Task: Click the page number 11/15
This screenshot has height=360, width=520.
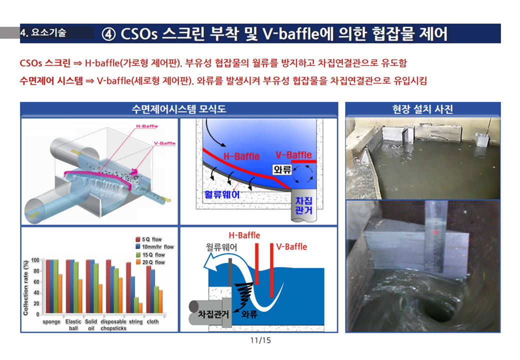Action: click(260, 340)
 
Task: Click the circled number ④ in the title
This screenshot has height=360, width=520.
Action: click(108, 34)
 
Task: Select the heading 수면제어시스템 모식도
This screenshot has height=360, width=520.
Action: click(179, 108)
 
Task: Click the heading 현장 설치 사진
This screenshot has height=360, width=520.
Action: click(422, 108)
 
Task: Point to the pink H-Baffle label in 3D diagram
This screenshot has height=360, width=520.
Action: click(147, 126)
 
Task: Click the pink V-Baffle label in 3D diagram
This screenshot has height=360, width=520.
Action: click(164, 143)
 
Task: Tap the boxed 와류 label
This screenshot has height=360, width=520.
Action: click(282, 169)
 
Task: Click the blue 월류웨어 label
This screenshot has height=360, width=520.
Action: click(221, 194)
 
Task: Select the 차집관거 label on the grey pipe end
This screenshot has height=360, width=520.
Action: click(304, 205)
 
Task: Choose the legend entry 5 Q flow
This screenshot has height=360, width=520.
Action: click(148, 239)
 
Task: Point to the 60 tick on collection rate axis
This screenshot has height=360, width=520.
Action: click(36, 282)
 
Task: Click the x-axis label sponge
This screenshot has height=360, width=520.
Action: click(51, 321)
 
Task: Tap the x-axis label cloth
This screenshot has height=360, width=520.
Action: click(152, 321)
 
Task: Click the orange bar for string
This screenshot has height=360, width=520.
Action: click(140, 308)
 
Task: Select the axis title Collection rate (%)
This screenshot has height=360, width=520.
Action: click(25, 287)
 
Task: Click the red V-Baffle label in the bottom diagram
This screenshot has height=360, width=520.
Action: click(291, 246)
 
